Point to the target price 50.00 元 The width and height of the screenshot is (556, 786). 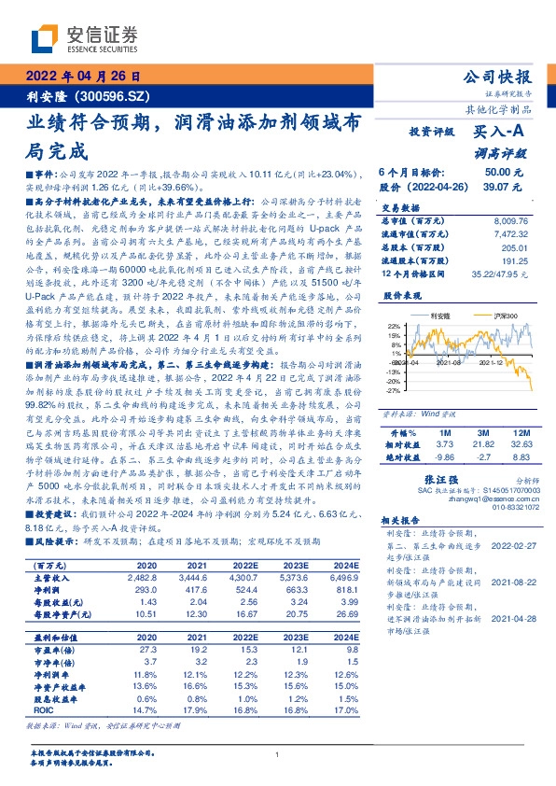(x=504, y=173)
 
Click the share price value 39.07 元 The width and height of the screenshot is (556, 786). (x=504, y=187)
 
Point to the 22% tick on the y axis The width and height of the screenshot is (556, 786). (x=394, y=326)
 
